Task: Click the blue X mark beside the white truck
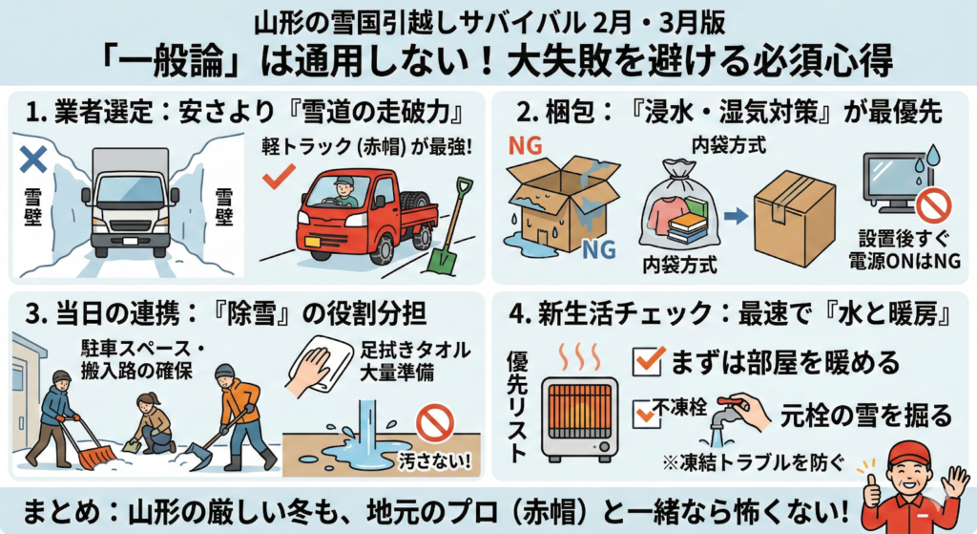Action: point(33,160)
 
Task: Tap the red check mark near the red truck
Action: point(278,177)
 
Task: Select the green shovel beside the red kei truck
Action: point(451,225)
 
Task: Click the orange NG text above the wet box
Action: point(525,145)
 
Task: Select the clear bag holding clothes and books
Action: point(678,207)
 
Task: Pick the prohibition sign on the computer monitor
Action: point(934,206)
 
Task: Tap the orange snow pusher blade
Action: point(95,457)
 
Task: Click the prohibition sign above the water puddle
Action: point(434,421)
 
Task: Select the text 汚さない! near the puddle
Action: point(435,460)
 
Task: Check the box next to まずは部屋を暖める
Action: point(648,361)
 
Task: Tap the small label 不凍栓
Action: point(679,407)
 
